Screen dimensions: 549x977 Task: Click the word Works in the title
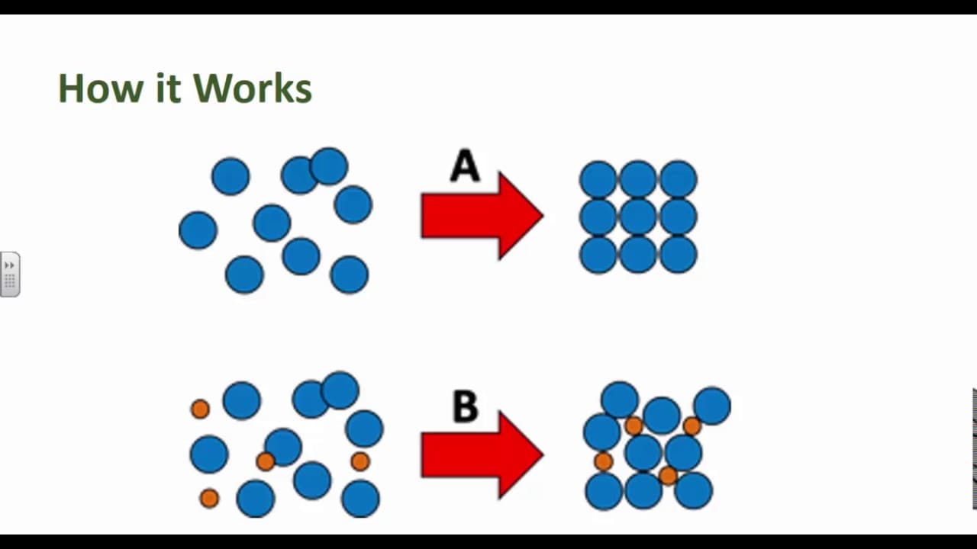pyautogui.click(x=253, y=88)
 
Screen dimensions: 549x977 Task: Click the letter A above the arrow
pyautogui.click(x=465, y=166)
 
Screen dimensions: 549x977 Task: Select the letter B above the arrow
pyautogui.click(x=465, y=406)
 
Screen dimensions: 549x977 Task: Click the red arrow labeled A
pyautogui.click(x=481, y=216)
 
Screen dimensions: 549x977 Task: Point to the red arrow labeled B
pyautogui.click(x=481, y=455)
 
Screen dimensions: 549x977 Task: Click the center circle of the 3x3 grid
pyautogui.click(x=638, y=217)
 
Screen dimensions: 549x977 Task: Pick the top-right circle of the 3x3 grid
pyautogui.click(x=679, y=180)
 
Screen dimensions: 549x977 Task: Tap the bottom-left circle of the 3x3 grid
pyautogui.click(x=598, y=255)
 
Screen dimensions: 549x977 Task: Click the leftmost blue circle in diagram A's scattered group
pyautogui.click(x=198, y=230)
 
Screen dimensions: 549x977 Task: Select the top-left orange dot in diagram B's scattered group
pyautogui.click(x=200, y=409)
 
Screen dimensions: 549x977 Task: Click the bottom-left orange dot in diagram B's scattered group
pyautogui.click(x=209, y=499)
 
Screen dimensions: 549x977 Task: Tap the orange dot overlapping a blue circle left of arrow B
pyautogui.click(x=265, y=461)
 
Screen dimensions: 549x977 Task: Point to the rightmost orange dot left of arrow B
pyautogui.click(x=360, y=461)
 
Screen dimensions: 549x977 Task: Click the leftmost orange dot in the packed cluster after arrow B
pyautogui.click(x=603, y=461)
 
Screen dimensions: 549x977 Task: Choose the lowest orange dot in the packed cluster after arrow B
pyautogui.click(x=668, y=477)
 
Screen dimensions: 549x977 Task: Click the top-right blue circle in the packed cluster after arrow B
pyautogui.click(x=712, y=406)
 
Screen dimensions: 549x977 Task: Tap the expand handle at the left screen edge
pyautogui.click(x=10, y=274)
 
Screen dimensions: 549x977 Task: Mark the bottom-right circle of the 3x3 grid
pyautogui.click(x=679, y=255)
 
